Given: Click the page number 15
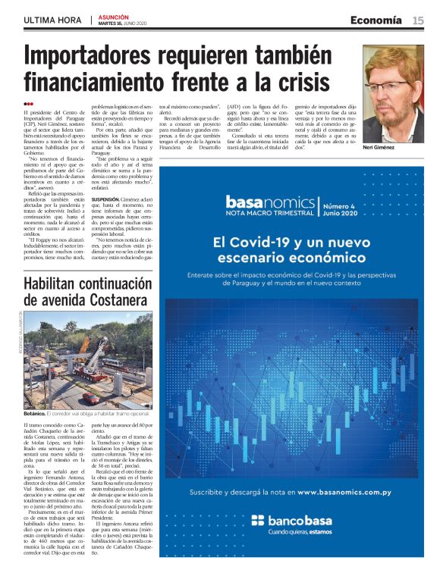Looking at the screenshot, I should (418, 20).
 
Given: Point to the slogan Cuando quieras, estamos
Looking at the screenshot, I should (304, 532).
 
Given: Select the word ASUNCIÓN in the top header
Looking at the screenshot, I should (114, 16).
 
